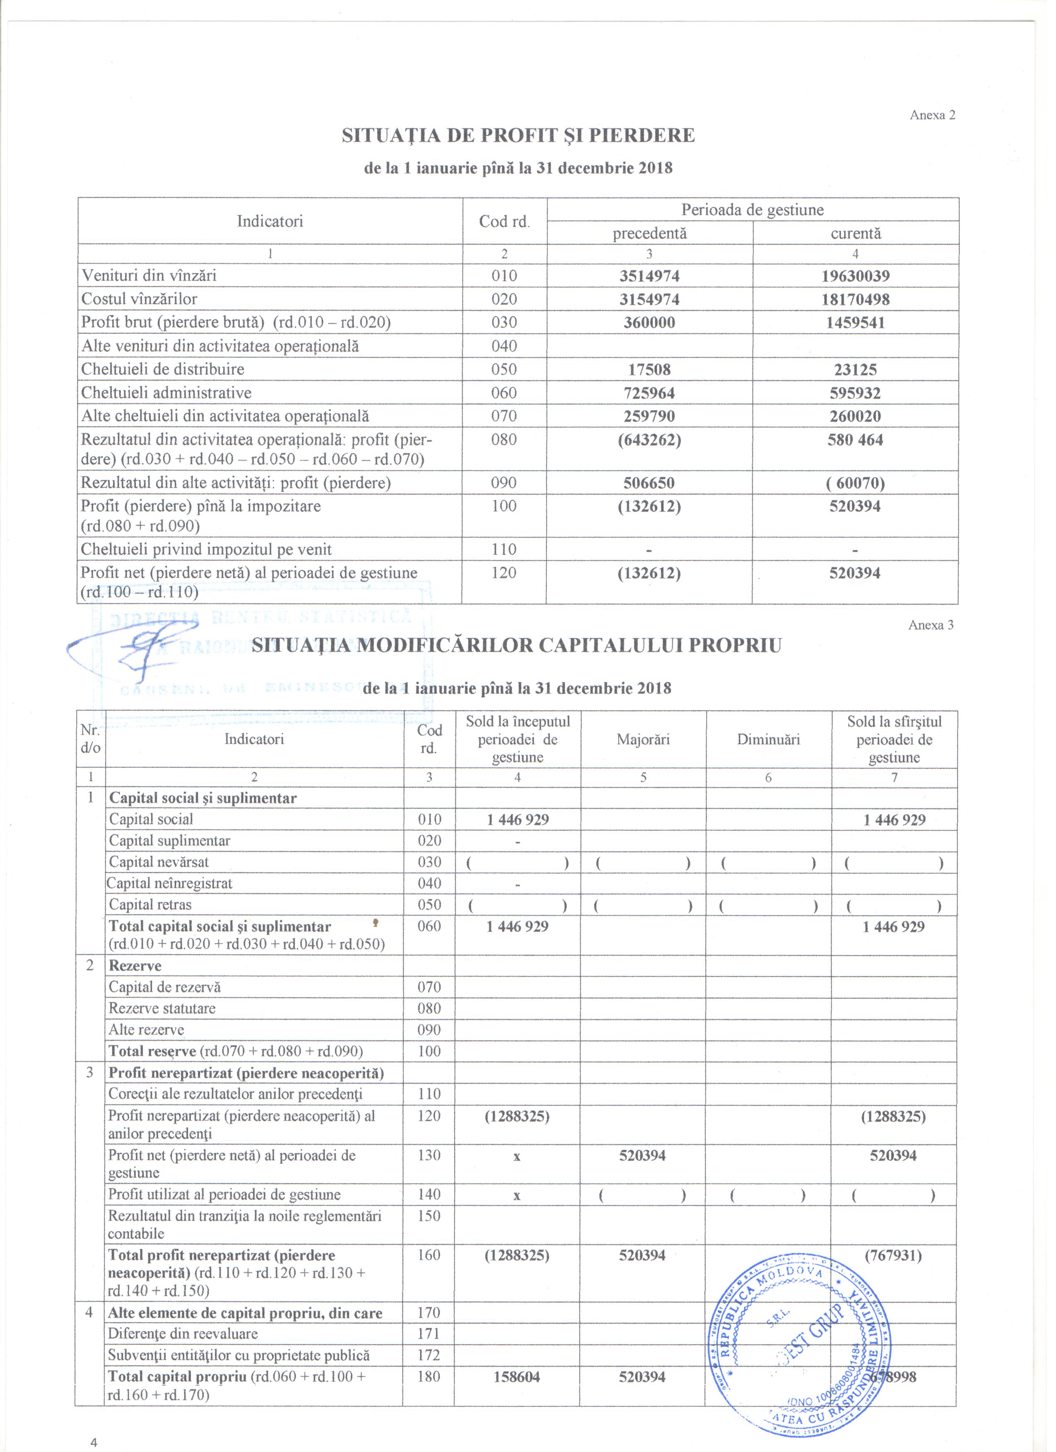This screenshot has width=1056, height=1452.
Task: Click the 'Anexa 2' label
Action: point(932,115)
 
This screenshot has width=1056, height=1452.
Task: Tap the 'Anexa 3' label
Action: point(931,625)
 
